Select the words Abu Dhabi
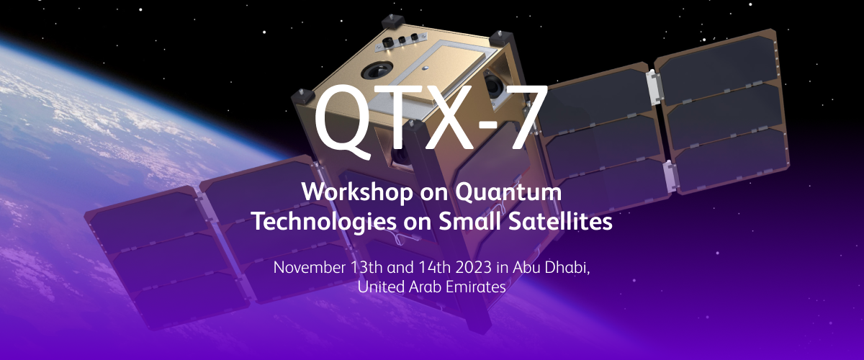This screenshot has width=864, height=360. [x=551, y=267]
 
